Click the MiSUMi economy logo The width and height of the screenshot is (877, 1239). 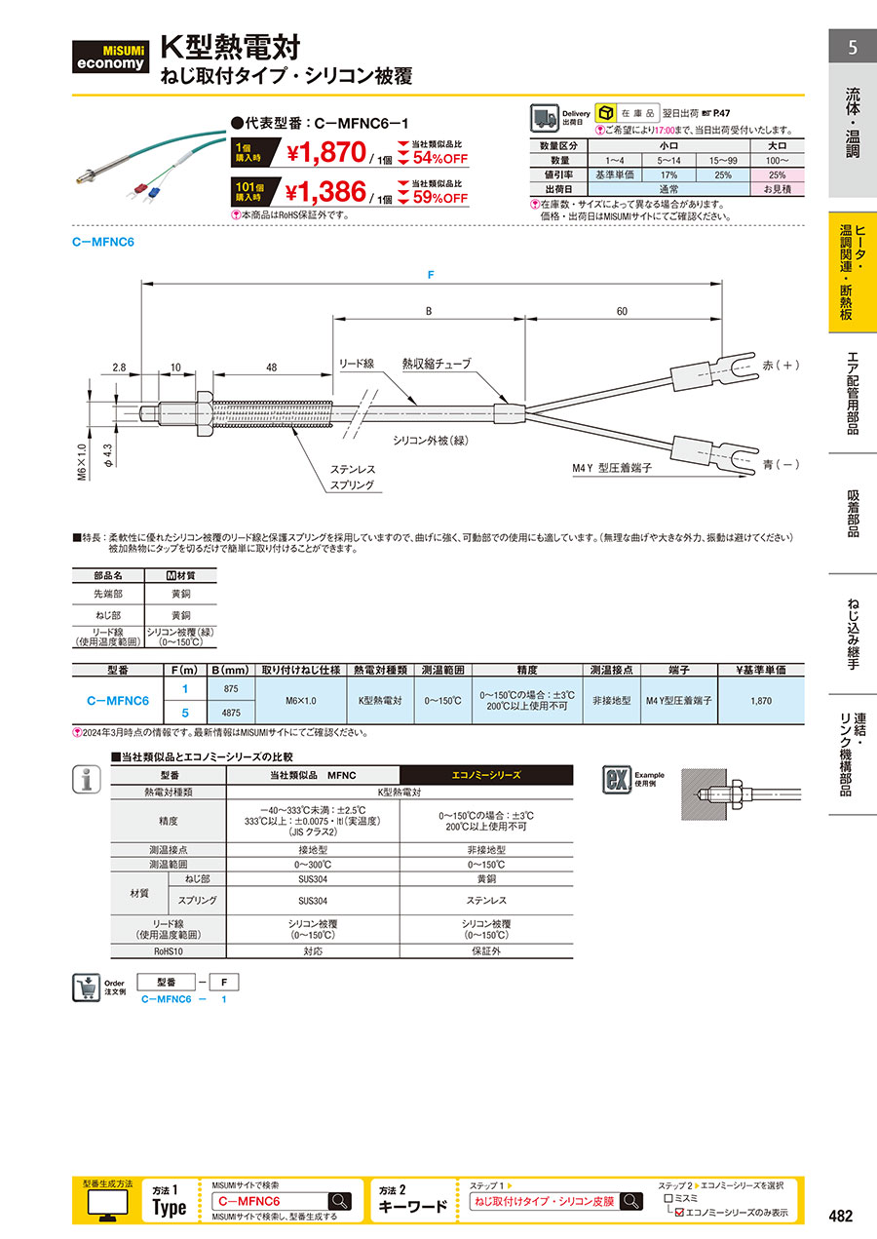tap(110, 57)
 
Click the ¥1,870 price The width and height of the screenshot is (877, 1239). tap(326, 152)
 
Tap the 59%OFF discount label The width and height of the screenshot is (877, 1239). tap(440, 198)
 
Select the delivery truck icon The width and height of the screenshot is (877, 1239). tap(544, 118)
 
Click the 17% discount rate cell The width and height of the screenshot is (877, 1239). tap(668, 174)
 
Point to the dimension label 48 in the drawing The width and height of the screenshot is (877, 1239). tap(272, 368)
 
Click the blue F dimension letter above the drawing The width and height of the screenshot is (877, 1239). tap(431, 275)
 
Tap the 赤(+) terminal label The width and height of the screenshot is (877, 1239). tap(781, 365)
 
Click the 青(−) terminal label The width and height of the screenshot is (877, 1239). tap(781, 465)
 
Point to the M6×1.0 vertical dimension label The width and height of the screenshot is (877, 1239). tap(82, 462)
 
